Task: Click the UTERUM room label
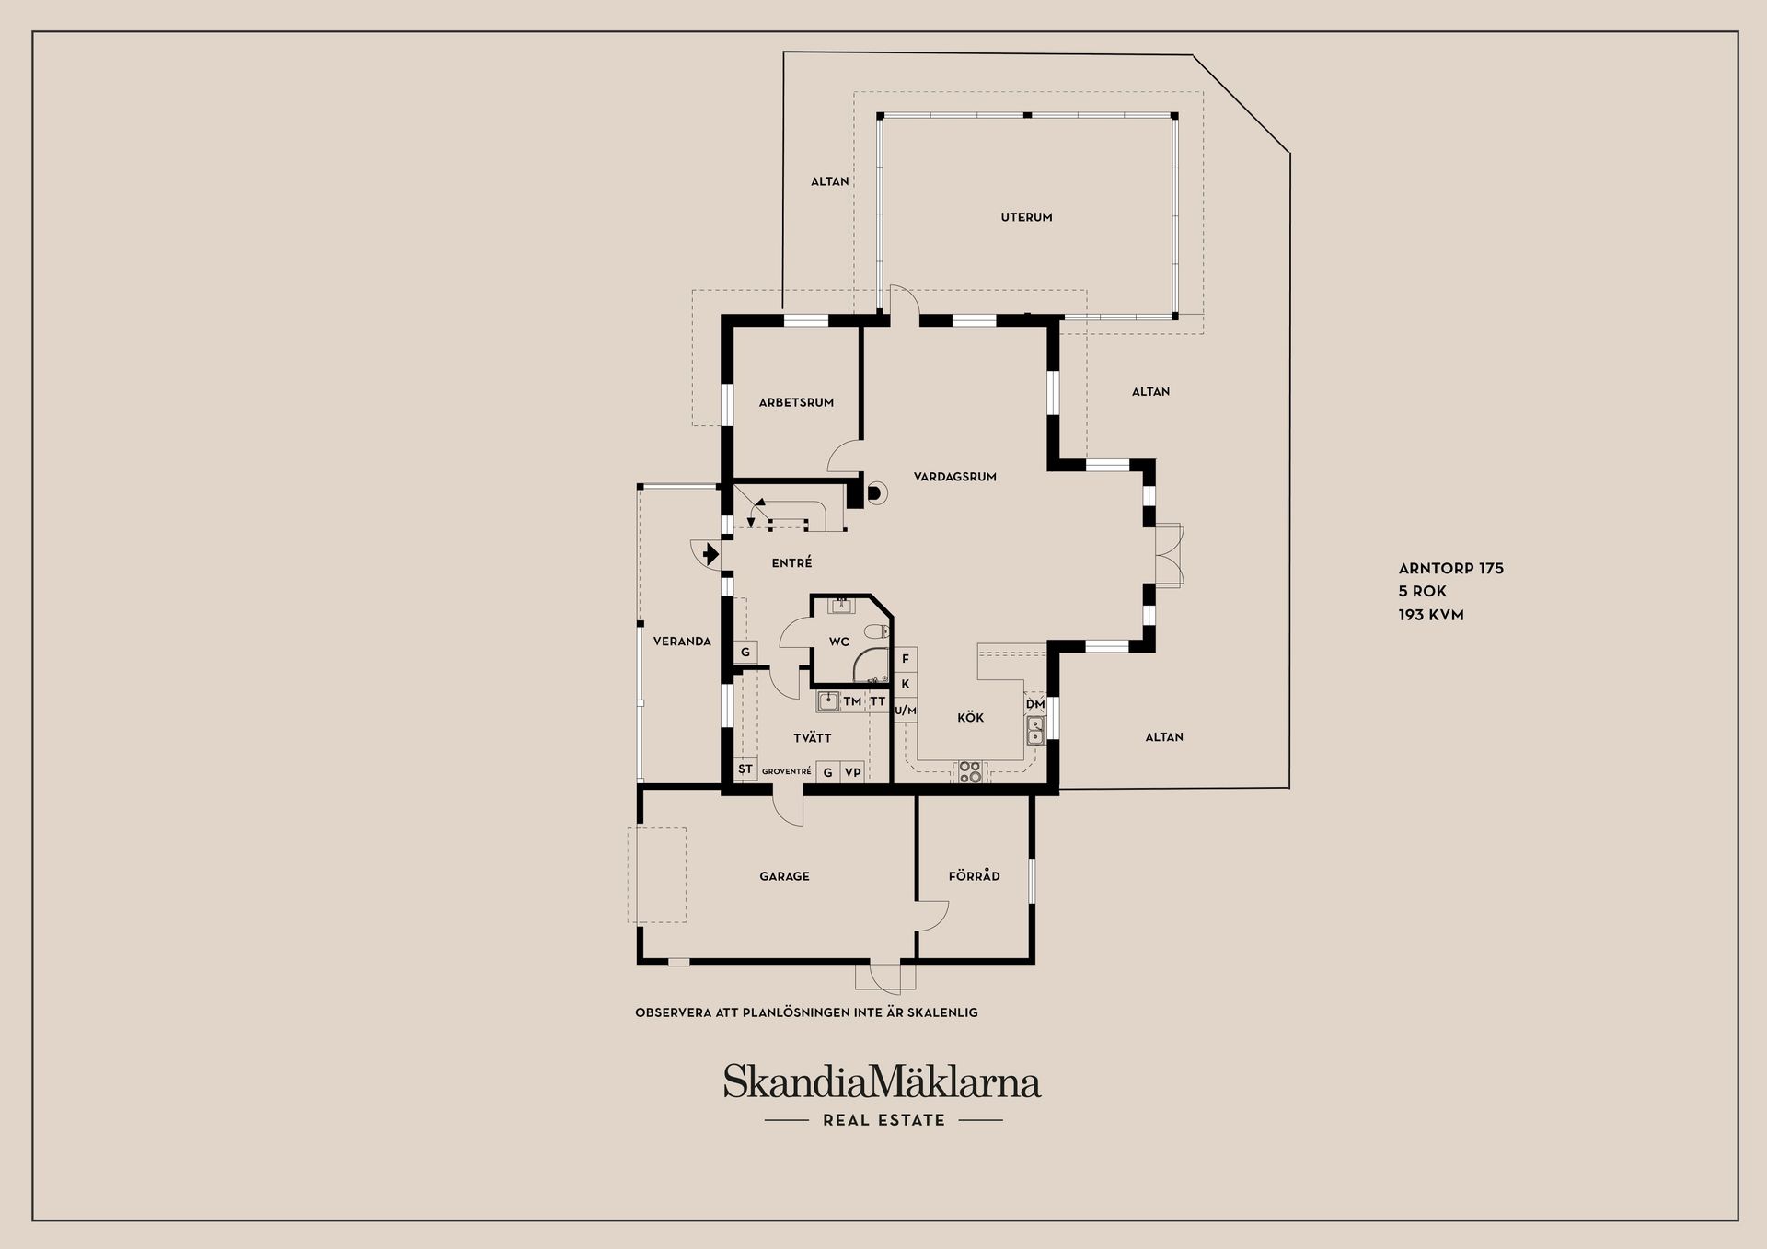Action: pos(1026,217)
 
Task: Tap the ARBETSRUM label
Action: pos(796,402)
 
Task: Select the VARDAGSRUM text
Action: pos(955,477)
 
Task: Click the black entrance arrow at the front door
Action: pos(710,554)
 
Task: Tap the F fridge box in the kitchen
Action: pos(906,659)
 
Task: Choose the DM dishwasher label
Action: pos(1035,704)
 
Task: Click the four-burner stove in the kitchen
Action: pos(970,771)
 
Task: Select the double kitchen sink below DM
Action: pos(1035,730)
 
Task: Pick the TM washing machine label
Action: pos(852,701)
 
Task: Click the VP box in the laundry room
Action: pos(853,772)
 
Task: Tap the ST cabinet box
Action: pos(745,769)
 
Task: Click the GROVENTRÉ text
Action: pos(786,771)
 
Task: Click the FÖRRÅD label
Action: pos(974,876)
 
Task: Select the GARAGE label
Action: pos(784,876)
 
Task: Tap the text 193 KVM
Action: pos(1431,615)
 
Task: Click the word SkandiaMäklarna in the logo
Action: pos(882,1081)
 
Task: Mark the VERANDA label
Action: pos(682,642)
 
